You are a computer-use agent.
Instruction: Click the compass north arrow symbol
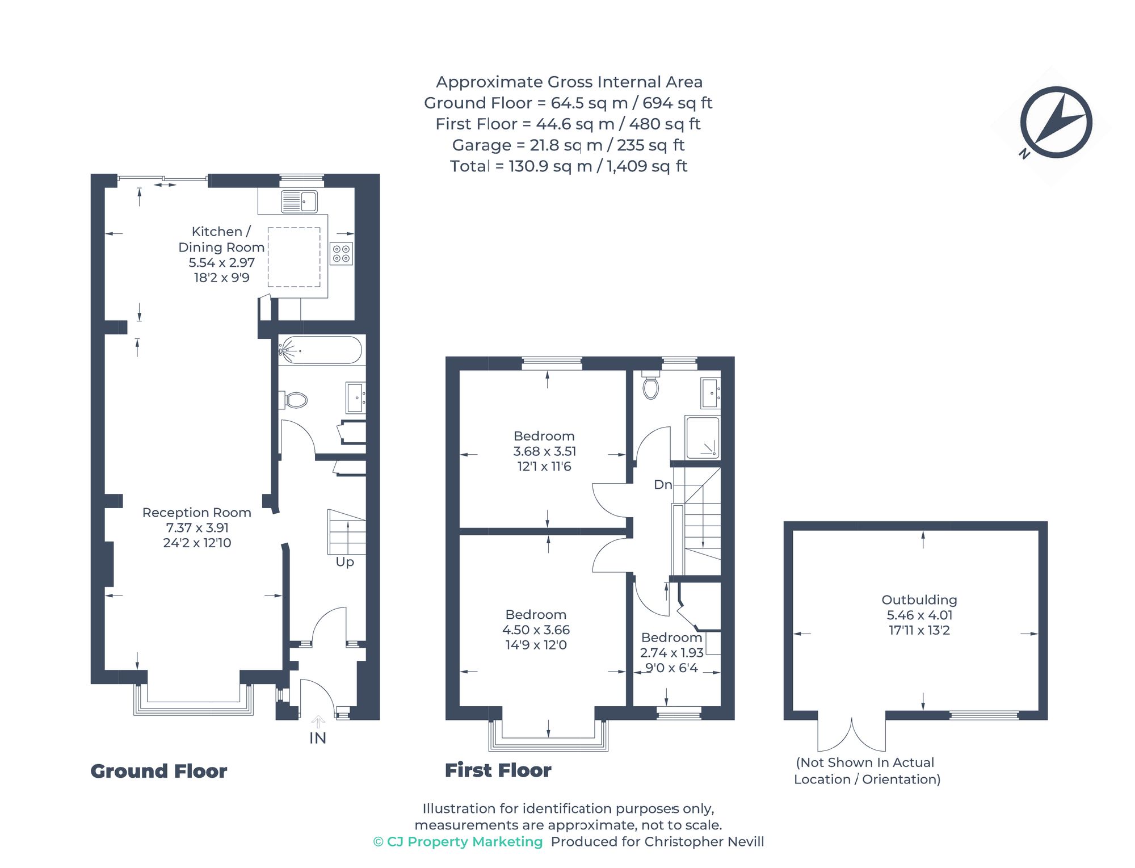click(1056, 122)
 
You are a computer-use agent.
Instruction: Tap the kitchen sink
click(299, 202)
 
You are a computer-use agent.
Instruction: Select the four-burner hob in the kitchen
click(342, 253)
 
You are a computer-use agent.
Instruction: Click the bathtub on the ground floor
click(321, 350)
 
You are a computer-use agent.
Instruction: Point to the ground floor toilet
click(295, 400)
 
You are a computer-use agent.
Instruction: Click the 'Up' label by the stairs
click(344, 561)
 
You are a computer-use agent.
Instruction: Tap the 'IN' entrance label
click(318, 738)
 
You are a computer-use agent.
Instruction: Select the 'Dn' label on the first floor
click(663, 484)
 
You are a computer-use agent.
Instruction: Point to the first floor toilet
click(651, 387)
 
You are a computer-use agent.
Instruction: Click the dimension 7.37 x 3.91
click(197, 527)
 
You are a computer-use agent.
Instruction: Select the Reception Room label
click(197, 512)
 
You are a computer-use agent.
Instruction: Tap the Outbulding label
click(919, 599)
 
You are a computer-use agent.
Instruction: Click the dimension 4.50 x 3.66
click(536, 630)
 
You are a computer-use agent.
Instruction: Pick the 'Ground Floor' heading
click(159, 771)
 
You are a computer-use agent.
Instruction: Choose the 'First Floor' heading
click(498, 770)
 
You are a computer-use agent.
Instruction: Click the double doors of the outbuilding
click(852, 735)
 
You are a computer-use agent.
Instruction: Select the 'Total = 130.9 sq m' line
click(568, 166)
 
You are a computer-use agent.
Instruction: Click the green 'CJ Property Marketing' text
click(464, 841)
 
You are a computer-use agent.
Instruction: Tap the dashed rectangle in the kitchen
click(294, 257)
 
